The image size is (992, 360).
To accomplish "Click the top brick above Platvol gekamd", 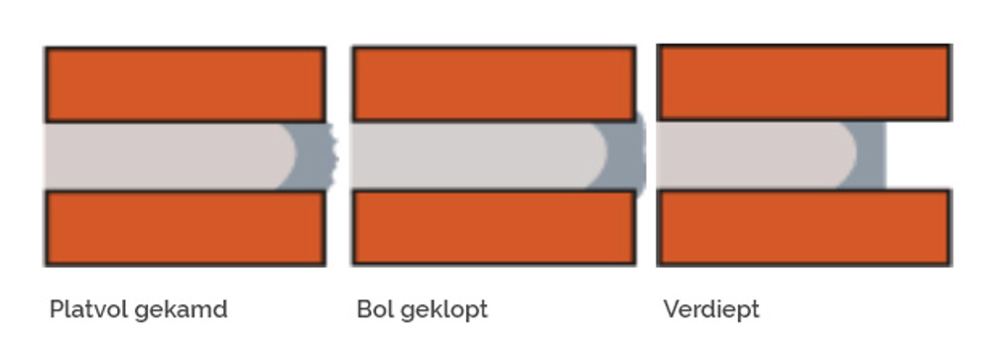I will [185, 84].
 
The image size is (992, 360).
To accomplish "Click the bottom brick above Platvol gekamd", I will [185, 227].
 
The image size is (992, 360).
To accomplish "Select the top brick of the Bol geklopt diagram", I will [493, 84].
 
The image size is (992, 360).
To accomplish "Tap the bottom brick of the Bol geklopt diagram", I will [493, 227].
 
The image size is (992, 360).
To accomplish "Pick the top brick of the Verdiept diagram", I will [804, 82].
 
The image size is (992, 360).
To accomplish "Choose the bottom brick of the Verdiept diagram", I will [804, 227].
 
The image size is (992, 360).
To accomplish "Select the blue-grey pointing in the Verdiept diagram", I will [872, 156].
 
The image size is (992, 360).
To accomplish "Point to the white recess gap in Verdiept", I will [918, 156].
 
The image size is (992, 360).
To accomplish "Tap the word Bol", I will [372, 309].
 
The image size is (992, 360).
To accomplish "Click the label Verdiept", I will [710, 310].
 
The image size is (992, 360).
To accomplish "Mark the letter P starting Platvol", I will [56, 309].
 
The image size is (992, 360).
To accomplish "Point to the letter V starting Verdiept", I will [670, 309].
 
